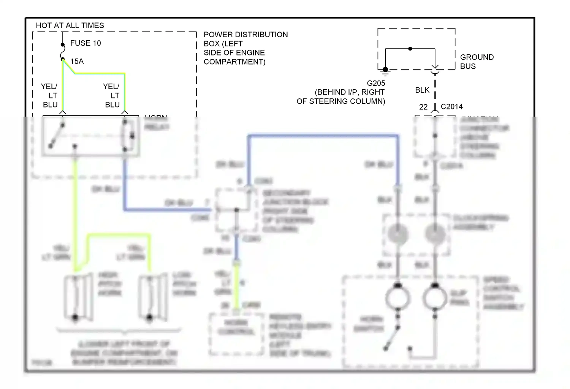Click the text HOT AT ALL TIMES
(x=70, y=25)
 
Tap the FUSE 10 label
(x=85, y=43)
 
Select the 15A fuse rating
(x=77, y=61)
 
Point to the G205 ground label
(x=376, y=83)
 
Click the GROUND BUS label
(x=477, y=62)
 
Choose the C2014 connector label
(x=452, y=107)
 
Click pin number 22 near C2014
(x=423, y=107)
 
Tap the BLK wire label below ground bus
(x=422, y=90)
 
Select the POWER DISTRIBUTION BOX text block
(x=245, y=48)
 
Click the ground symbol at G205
(x=385, y=70)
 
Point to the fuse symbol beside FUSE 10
(x=63, y=52)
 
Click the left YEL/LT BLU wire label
(x=49, y=95)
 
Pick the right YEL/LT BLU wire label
(x=112, y=95)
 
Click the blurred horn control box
(x=236, y=333)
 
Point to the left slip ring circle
(x=398, y=298)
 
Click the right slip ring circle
(x=435, y=298)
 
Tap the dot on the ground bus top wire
(x=410, y=49)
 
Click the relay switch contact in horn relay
(x=57, y=135)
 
